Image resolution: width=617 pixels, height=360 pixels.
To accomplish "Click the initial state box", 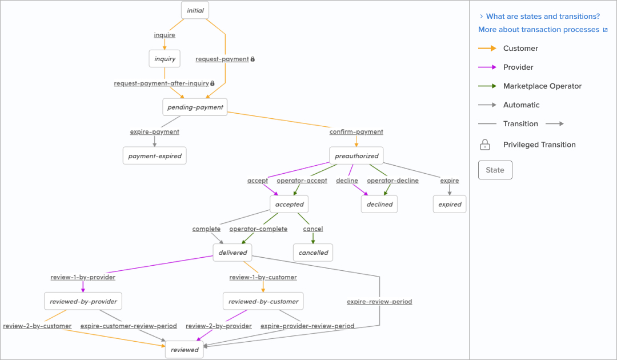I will coord(195,10).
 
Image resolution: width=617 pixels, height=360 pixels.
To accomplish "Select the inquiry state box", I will coord(165,59).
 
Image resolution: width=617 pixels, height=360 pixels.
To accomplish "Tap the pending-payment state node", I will coord(195,107).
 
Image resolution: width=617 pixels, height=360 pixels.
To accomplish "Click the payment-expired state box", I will coord(154,156).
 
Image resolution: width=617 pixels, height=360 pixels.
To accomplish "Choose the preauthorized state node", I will coord(356,156).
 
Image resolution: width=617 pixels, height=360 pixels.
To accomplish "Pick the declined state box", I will coord(379,204).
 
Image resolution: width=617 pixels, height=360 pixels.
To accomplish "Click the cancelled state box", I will coord(313,253).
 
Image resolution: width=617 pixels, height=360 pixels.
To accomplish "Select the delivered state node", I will coord(233,253).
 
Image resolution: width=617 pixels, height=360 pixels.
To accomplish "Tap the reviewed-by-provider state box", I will coord(83,301).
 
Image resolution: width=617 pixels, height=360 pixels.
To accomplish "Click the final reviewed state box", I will coord(184,350).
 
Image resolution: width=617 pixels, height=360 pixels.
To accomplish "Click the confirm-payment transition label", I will coord(356,132).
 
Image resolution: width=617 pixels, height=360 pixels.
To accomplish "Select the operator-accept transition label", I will coord(302,181).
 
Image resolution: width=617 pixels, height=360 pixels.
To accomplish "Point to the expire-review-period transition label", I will coord(379,302).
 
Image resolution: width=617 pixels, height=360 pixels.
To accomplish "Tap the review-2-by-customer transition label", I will coord(37,326).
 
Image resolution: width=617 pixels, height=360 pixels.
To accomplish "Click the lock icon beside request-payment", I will coord(253,59).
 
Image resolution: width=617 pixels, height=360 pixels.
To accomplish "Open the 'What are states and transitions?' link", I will coord(543,17).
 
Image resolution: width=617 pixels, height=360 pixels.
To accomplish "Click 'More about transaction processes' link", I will coord(539,30).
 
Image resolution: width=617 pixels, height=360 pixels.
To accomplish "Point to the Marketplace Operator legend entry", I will coord(542,86).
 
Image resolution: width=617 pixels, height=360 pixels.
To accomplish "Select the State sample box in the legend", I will coord(495,170).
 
